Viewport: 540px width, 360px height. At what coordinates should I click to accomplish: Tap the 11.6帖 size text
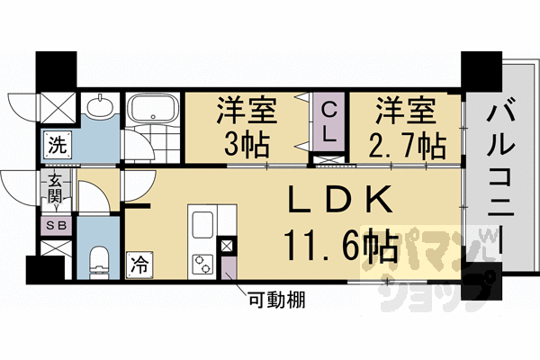pyautogui.click(x=340, y=243)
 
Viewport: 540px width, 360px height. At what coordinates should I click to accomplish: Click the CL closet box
pyautogui.click(x=330, y=123)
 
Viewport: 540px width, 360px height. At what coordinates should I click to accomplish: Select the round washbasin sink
pyautogui.click(x=101, y=107)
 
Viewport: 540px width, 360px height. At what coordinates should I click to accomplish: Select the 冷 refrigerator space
pyautogui.click(x=139, y=265)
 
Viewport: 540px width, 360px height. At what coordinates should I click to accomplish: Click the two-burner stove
pyautogui.click(x=202, y=264)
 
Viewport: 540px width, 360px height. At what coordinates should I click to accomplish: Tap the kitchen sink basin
pyautogui.click(x=202, y=226)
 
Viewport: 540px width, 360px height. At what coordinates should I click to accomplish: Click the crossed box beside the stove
pyautogui.click(x=226, y=246)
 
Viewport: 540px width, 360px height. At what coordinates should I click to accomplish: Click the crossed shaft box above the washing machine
pyautogui.click(x=56, y=107)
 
